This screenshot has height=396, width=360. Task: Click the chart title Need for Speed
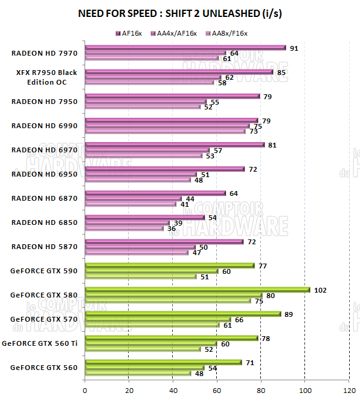[180, 13]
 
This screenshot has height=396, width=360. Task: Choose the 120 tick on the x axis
[349, 389]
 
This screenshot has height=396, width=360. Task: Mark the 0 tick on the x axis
[85, 389]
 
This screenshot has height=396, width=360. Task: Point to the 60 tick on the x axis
[217, 389]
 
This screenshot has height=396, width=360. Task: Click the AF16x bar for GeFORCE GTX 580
[197, 290]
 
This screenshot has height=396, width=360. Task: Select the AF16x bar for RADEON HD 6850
[144, 217]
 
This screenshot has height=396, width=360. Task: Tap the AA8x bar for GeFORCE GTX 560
[138, 373]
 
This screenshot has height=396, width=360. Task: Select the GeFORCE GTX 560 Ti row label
[42, 343]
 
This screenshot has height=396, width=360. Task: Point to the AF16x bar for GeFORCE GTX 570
[182, 314]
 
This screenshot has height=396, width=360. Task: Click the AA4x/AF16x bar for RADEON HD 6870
[133, 198]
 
